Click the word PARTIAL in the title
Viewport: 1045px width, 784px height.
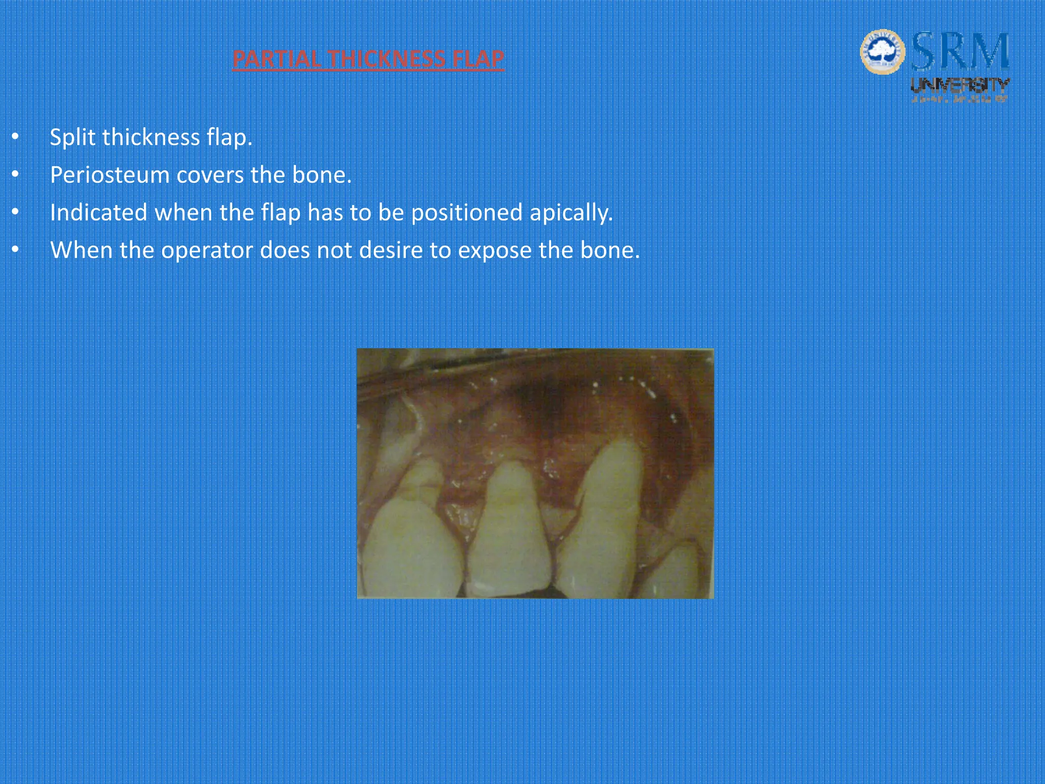(x=276, y=59)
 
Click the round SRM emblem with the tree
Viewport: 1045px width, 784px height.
(x=882, y=52)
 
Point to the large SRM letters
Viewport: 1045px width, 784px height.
(x=960, y=52)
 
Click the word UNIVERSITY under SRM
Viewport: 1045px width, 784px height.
(x=960, y=85)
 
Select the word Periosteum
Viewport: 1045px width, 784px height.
(x=110, y=175)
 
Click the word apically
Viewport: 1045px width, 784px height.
(x=571, y=213)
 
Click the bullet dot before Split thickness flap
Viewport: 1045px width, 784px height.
(x=15, y=137)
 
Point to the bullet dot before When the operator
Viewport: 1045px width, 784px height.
(x=15, y=250)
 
